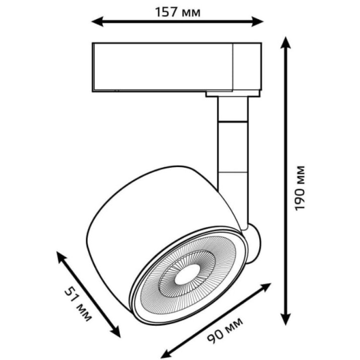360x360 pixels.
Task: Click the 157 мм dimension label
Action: [178, 12]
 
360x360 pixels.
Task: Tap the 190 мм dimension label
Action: [300, 188]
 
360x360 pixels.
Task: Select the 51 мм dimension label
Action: [78, 305]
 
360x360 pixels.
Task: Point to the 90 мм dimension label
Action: [225, 330]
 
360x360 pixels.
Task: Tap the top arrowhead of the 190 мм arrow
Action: [285, 43]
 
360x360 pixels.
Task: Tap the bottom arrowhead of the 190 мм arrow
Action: [285, 319]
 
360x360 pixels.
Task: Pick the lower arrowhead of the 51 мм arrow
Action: [115, 331]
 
